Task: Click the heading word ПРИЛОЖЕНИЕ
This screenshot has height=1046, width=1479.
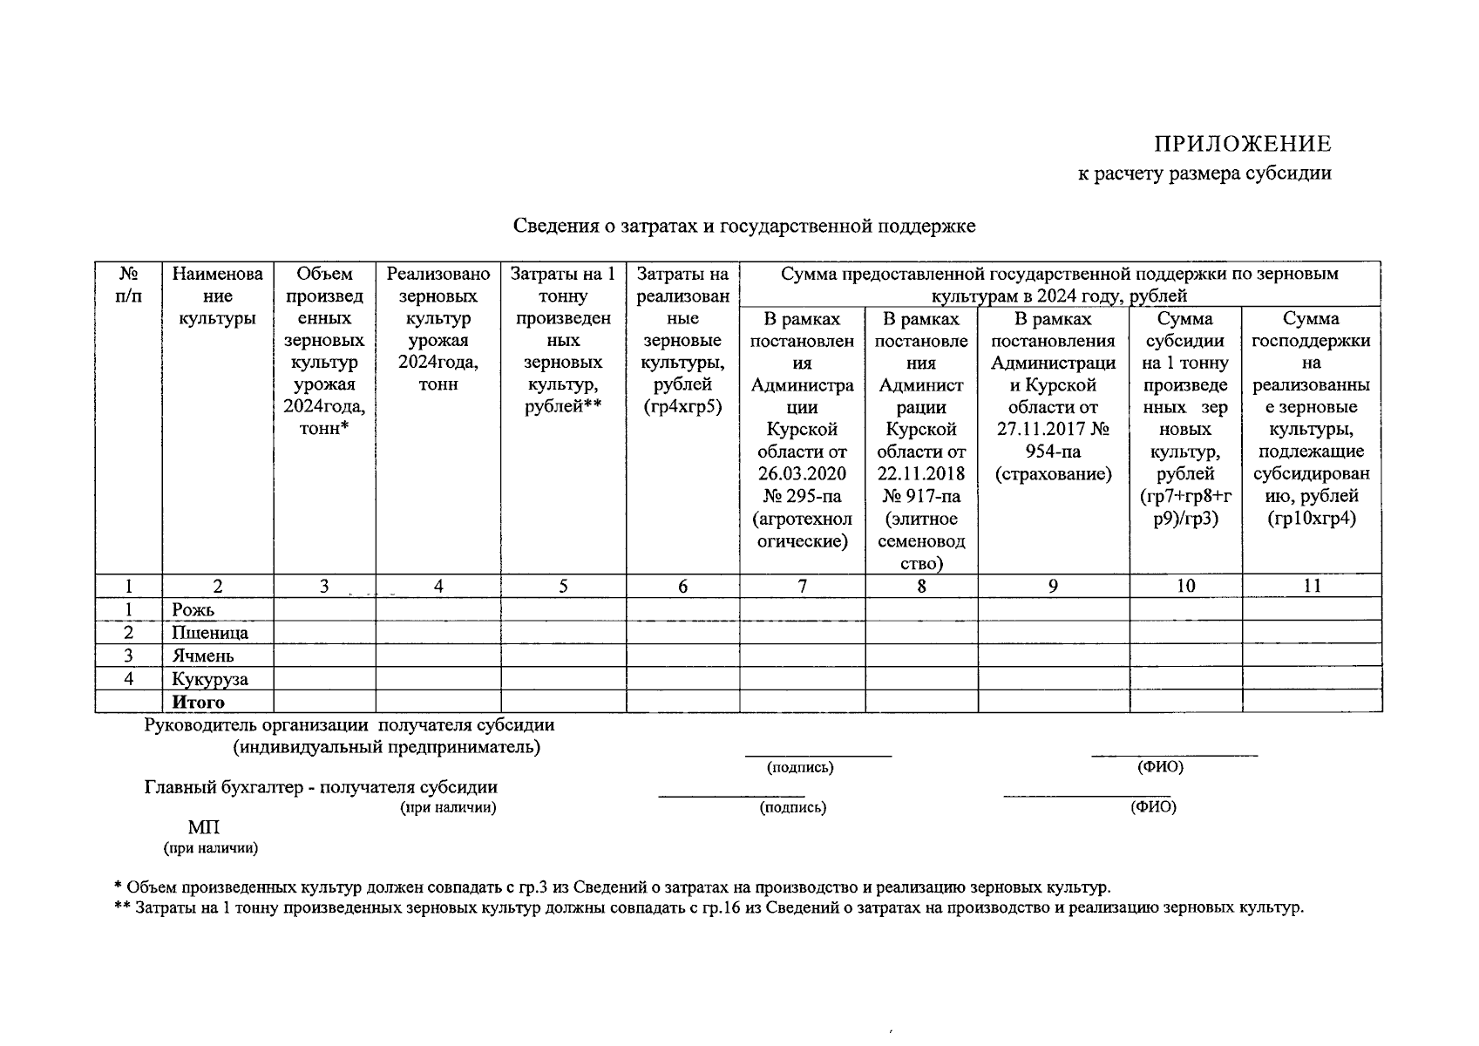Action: pos(1243,144)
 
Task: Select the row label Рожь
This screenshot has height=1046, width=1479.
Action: pos(193,610)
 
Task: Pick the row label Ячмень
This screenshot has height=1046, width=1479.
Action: pos(203,655)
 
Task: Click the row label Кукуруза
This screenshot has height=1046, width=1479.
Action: pos(210,679)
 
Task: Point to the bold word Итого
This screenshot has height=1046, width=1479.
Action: pos(198,702)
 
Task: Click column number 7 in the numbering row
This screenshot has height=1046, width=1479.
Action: pos(802,587)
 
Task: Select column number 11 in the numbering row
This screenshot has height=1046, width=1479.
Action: pos(1312,587)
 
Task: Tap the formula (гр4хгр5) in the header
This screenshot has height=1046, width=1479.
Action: pos(682,407)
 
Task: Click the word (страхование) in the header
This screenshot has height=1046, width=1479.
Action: pos(1054,474)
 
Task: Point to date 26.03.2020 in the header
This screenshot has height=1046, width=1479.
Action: pos(802,474)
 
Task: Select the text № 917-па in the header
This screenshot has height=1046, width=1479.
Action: pos(921,497)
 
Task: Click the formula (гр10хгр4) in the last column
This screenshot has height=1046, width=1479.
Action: pos(1312,519)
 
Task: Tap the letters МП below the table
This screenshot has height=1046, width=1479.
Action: pos(204,827)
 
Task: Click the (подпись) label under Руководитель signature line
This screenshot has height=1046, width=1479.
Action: pos(800,768)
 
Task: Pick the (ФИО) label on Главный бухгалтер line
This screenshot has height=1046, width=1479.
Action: pos(1153,807)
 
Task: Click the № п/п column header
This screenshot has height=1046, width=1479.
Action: pos(129,285)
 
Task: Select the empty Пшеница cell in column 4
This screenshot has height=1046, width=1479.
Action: pos(438,633)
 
